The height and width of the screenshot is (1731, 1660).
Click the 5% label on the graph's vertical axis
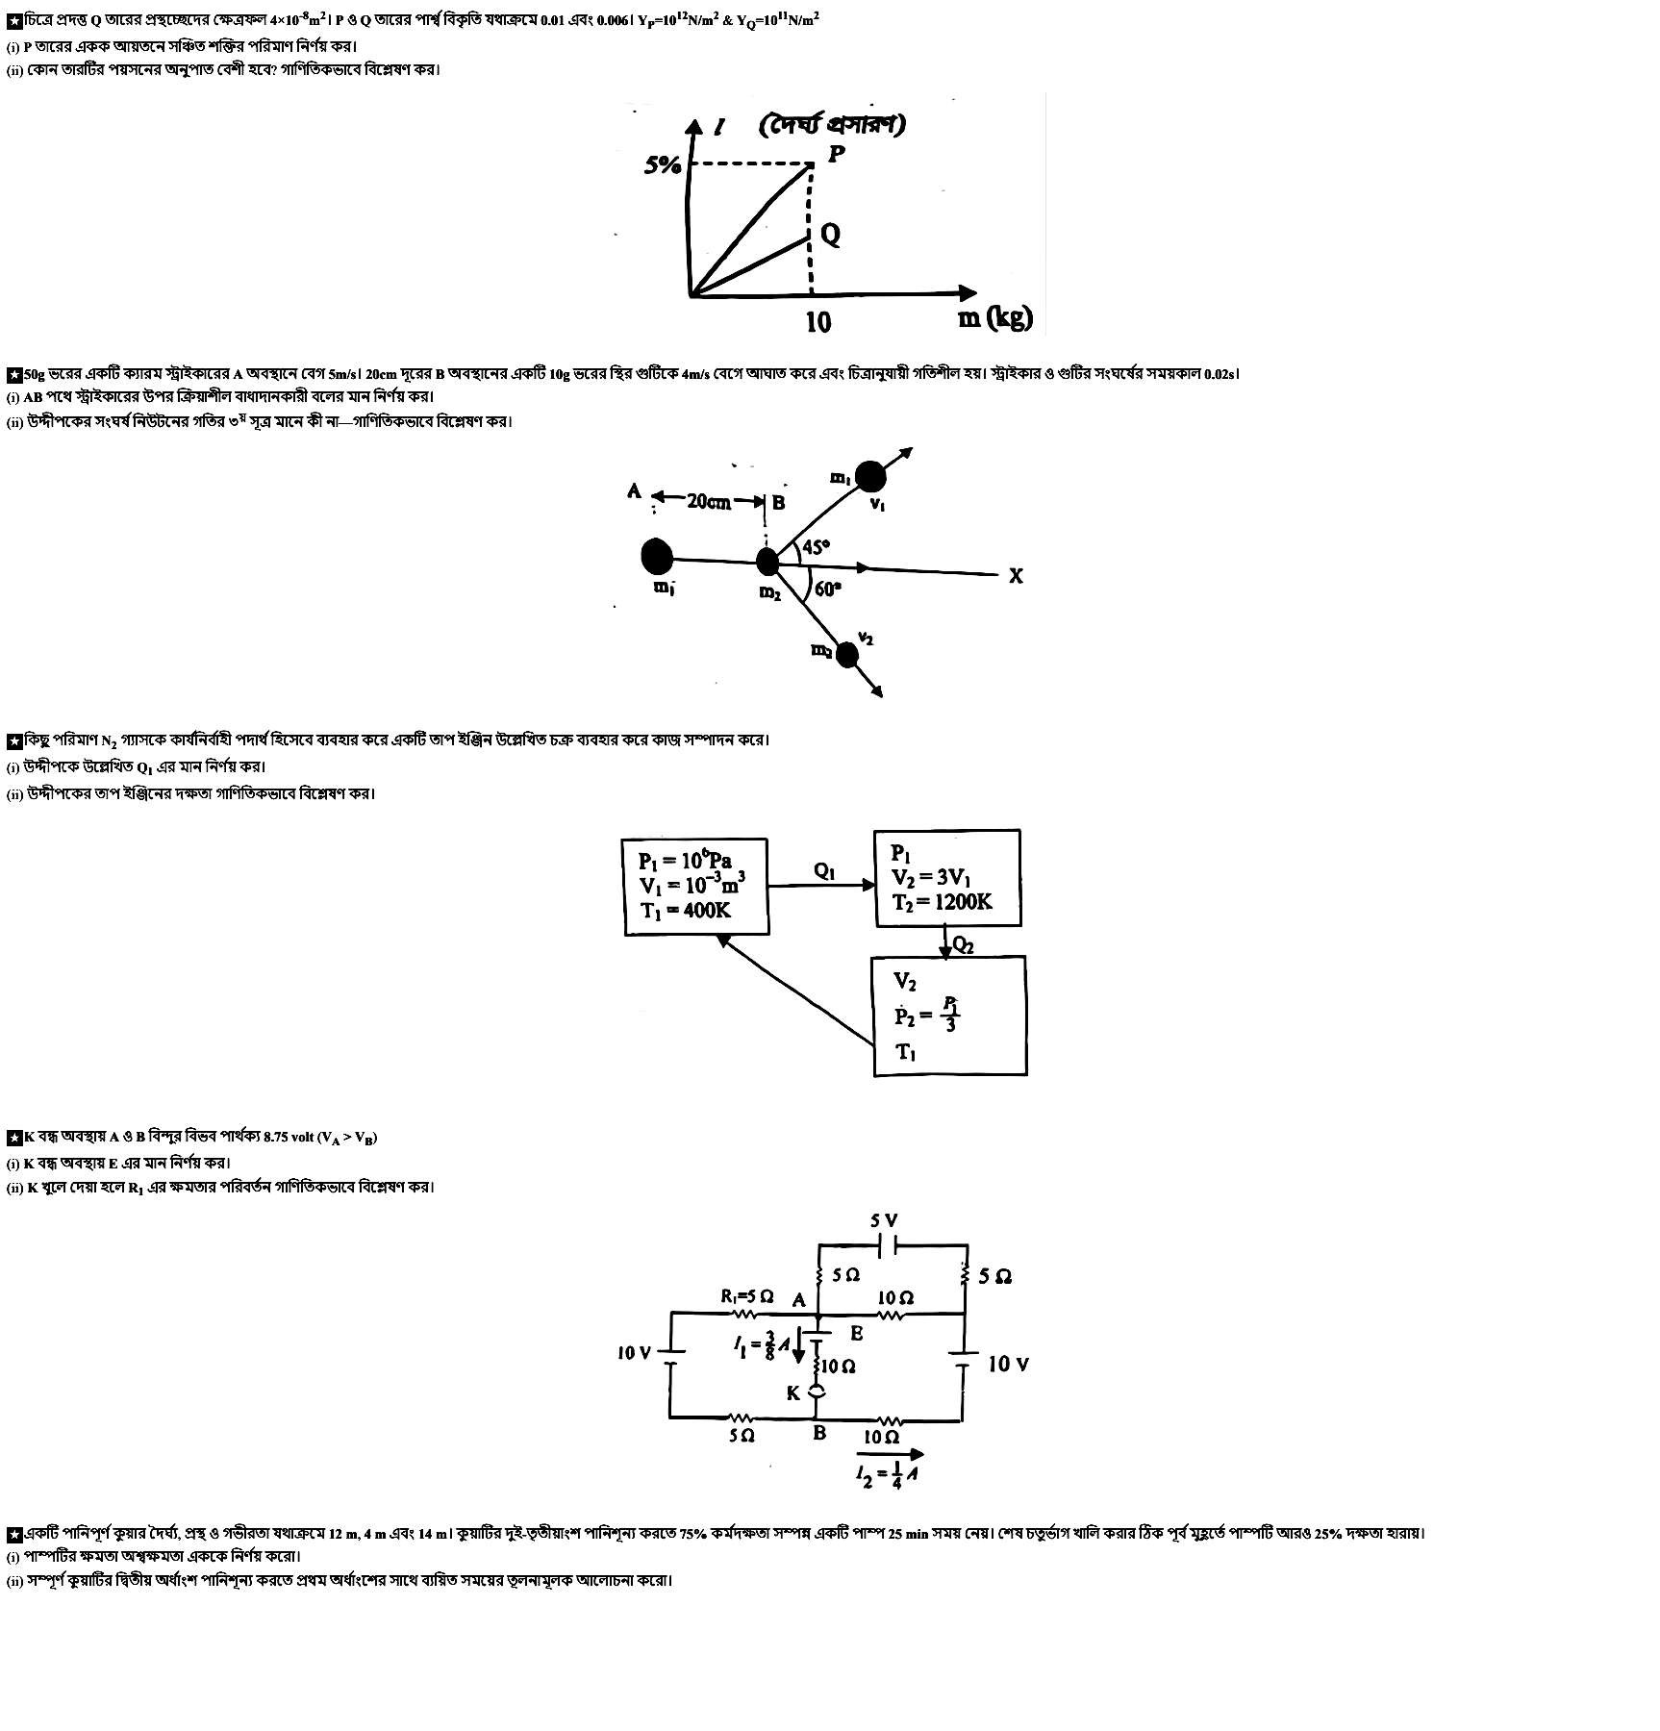click(663, 165)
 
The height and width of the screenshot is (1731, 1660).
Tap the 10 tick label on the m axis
click(817, 321)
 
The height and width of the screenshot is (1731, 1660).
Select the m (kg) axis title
click(994, 316)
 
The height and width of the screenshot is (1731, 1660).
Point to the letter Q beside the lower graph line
click(830, 235)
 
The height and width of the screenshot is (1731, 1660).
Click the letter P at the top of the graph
click(837, 153)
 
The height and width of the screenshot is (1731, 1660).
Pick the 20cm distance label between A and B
click(709, 501)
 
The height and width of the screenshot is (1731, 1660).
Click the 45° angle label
click(816, 547)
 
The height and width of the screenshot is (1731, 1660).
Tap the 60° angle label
click(827, 589)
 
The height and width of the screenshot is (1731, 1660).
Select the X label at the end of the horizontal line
click(1016, 576)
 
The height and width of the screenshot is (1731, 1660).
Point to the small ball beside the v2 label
click(846, 655)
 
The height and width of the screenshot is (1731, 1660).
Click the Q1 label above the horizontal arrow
click(824, 871)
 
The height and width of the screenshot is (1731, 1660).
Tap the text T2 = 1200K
click(942, 902)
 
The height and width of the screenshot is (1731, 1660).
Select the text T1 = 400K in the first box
click(685, 910)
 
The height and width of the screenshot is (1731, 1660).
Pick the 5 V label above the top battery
click(885, 1220)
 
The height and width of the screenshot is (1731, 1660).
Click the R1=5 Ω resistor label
click(746, 1295)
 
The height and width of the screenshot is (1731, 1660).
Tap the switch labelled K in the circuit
click(817, 1392)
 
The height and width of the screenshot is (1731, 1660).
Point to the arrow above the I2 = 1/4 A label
click(889, 1454)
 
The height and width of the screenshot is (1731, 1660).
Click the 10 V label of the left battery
click(634, 1353)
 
